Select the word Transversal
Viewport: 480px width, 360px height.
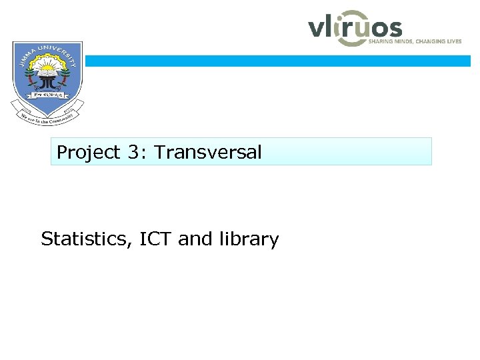[207, 153]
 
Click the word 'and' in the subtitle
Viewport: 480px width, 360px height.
[195, 239]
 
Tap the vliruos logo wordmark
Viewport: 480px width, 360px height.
[355, 27]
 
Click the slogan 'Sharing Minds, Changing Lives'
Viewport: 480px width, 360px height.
[415, 41]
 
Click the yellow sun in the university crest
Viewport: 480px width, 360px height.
[47, 67]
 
